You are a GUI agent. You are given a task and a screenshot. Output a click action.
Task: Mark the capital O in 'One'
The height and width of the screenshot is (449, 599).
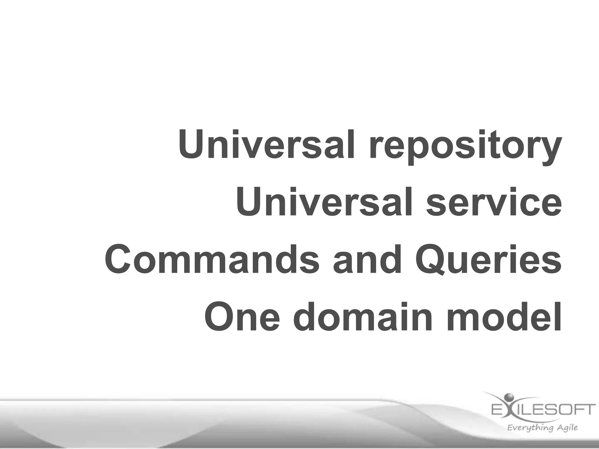[x=221, y=317]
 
